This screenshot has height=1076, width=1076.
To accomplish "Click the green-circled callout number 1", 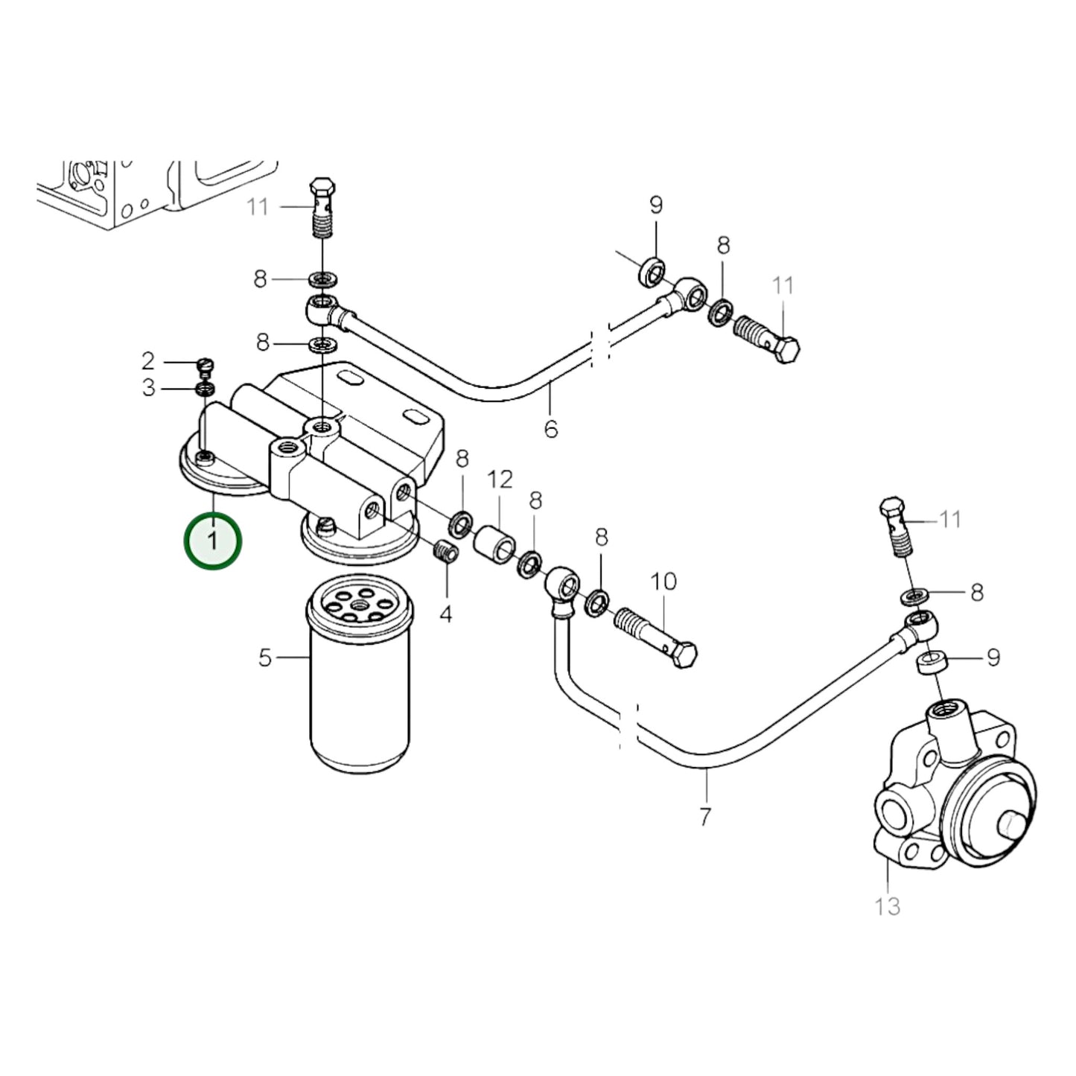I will [213, 540].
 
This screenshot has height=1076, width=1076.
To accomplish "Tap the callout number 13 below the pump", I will [888, 906].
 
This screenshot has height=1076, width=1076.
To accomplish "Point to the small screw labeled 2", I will [206, 365].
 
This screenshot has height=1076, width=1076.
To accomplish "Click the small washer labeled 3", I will [205, 389].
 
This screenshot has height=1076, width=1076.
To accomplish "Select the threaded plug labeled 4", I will [445, 553].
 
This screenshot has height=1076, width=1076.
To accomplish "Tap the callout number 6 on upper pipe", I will [550, 429].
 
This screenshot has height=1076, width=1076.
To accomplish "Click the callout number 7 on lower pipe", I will [705, 815].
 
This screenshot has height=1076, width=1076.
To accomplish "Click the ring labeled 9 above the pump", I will [934, 660].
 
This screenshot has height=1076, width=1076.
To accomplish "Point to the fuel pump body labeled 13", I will [953, 797].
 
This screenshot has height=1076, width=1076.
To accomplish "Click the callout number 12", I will [500, 480].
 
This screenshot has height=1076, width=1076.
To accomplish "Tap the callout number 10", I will [663, 581].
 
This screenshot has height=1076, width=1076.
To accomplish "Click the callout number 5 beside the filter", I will [265, 658].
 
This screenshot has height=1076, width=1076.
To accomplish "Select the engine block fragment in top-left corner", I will [149, 190].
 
